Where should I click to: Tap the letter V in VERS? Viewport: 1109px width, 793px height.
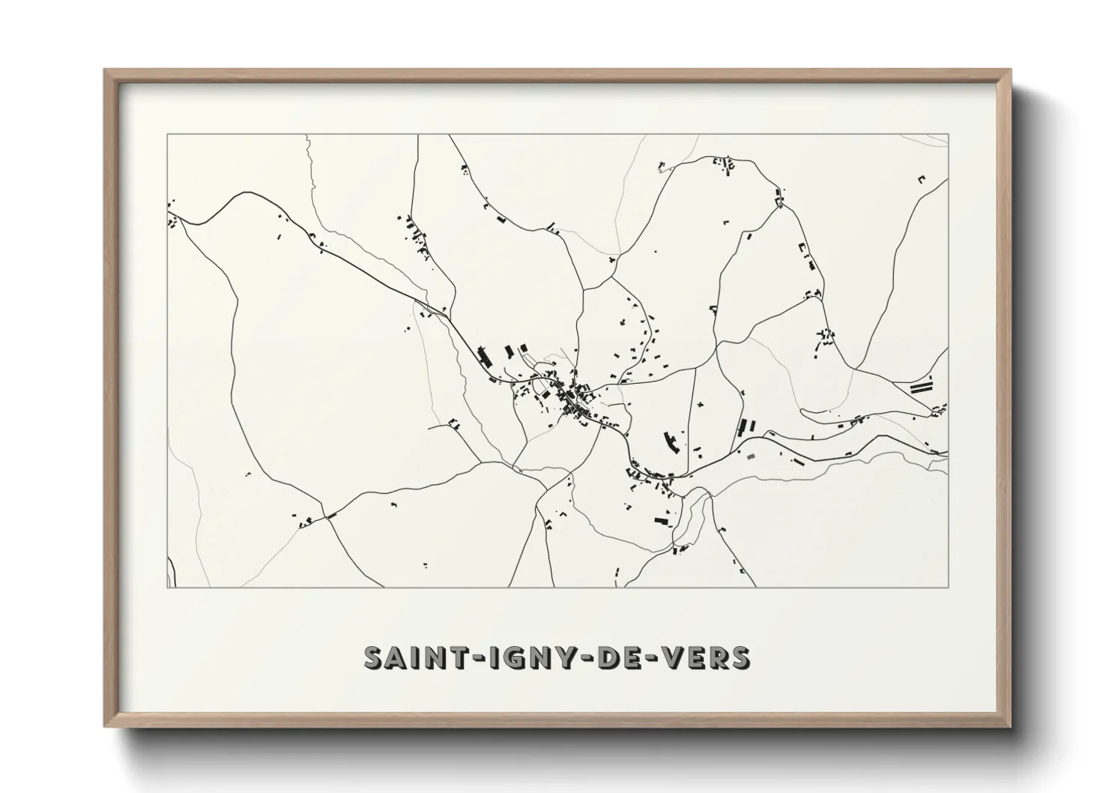click(672, 657)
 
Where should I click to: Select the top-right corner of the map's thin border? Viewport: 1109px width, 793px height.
click(949, 134)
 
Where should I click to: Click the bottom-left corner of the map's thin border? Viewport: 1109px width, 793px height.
click(167, 587)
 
